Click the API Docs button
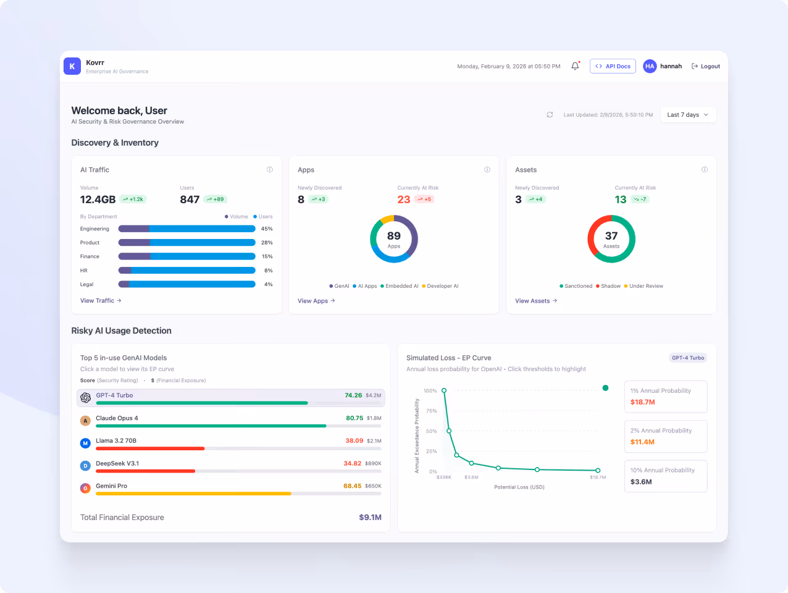pyautogui.click(x=613, y=66)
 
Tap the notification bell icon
pyautogui.click(x=575, y=66)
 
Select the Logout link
pyautogui.click(x=706, y=66)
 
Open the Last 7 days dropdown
pyautogui.click(x=688, y=115)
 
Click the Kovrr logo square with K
pyautogui.click(x=72, y=66)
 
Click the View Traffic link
pyautogui.click(x=101, y=301)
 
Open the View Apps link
pyautogui.click(x=316, y=301)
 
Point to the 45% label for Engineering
pyautogui.click(x=267, y=229)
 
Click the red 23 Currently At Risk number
pyautogui.click(x=404, y=200)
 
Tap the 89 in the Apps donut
pyautogui.click(x=394, y=236)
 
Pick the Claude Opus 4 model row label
pyautogui.click(x=117, y=418)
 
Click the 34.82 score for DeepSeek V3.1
pyautogui.click(x=353, y=463)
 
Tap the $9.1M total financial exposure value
pyautogui.click(x=370, y=518)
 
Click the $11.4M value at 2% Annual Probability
pyautogui.click(x=642, y=442)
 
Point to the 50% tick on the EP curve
pyautogui.click(x=430, y=431)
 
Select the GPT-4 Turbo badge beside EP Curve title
pyautogui.click(x=688, y=358)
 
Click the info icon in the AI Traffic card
pyautogui.click(x=270, y=170)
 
